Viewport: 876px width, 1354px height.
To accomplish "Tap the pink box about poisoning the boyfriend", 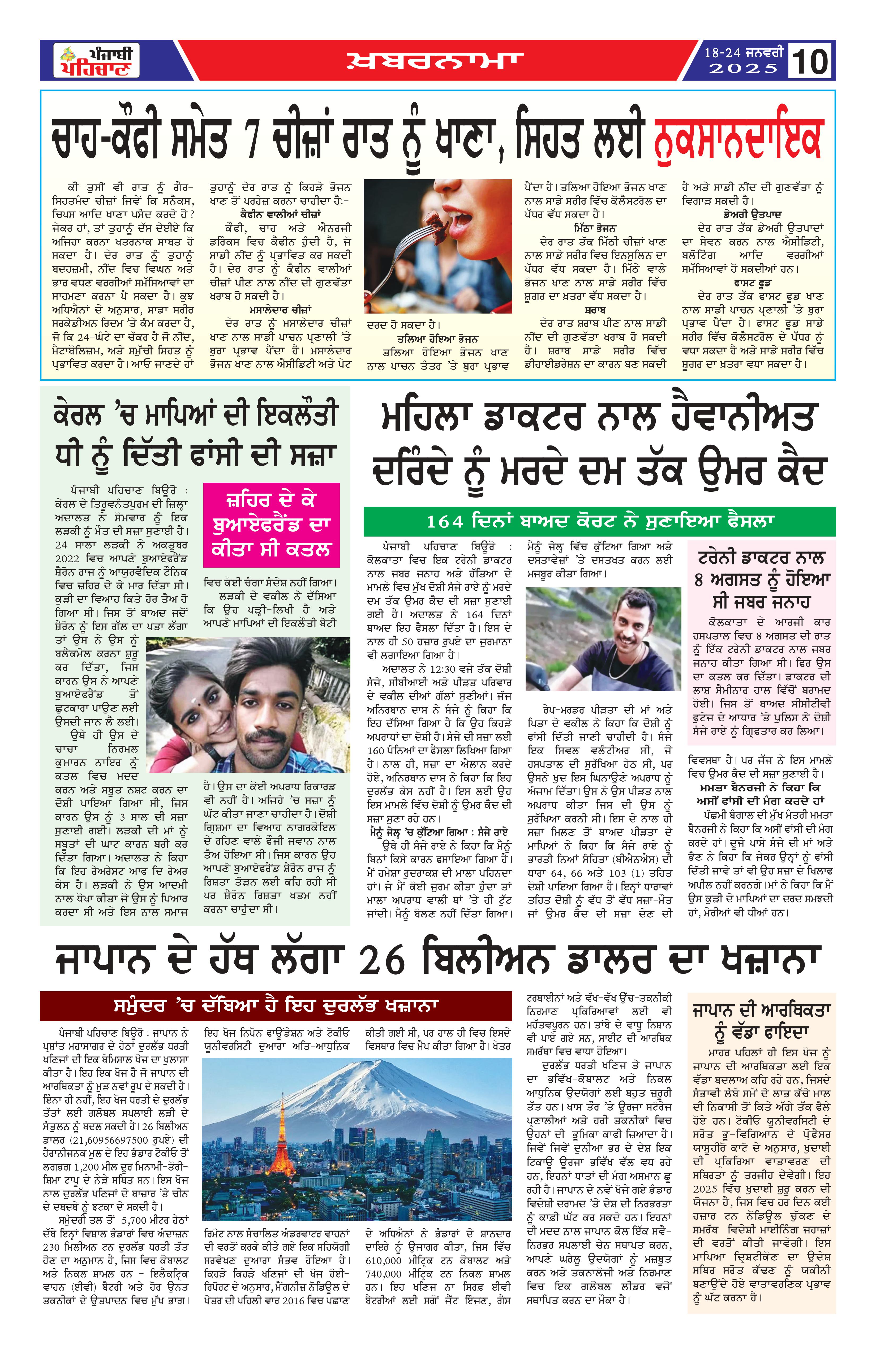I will point(271,525).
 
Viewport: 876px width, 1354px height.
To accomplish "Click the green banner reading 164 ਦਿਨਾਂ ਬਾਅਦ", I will point(600,521).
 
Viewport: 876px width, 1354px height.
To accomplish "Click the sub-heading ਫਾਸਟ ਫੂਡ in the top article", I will point(752,283).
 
